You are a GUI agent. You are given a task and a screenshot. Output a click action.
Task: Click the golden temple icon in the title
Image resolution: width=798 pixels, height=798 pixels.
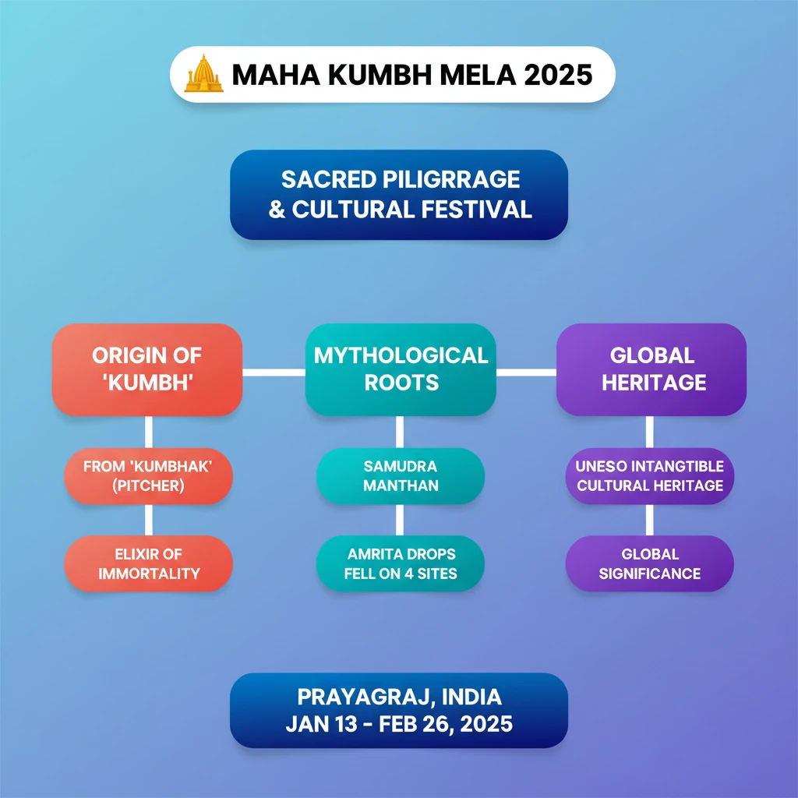tap(203, 74)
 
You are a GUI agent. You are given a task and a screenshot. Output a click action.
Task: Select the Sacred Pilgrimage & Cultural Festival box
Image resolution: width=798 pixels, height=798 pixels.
tap(399, 195)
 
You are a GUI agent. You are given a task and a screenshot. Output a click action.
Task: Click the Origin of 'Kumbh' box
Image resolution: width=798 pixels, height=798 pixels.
tap(147, 369)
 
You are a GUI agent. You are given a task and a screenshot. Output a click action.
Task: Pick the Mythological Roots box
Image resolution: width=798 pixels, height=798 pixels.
tap(401, 369)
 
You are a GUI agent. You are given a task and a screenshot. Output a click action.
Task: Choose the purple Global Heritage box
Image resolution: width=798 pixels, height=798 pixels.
tap(651, 369)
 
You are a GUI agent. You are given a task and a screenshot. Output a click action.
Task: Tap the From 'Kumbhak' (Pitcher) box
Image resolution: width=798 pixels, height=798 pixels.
tap(148, 476)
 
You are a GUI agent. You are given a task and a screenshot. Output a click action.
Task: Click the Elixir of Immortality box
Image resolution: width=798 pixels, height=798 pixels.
tap(148, 563)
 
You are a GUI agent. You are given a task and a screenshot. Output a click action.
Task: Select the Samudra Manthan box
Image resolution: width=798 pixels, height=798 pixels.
tap(401, 476)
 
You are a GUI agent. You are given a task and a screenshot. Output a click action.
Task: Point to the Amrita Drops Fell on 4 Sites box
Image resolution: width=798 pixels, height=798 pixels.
tap(401, 563)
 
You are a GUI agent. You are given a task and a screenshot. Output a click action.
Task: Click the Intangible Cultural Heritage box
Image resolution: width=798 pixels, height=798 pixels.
tap(650, 476)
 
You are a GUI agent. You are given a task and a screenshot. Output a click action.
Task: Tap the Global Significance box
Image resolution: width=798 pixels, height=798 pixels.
tap(650, 563)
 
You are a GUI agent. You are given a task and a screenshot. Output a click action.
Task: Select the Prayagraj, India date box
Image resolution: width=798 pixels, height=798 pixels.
tap(399, 710)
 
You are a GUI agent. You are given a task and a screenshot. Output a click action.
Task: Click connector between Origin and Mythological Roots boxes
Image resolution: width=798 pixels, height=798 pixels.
tap(274, 372)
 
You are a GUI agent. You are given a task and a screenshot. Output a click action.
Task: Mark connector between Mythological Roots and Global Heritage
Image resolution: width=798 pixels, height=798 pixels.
tap(526, 372)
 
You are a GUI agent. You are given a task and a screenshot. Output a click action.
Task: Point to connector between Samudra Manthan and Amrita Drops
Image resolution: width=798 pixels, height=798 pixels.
tap(400, 520)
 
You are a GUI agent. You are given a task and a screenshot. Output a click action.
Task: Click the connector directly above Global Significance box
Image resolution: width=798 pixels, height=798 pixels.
tap(649, 520)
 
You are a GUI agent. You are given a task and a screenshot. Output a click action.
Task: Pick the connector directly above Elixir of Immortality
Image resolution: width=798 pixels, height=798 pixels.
tap(148, 520)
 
